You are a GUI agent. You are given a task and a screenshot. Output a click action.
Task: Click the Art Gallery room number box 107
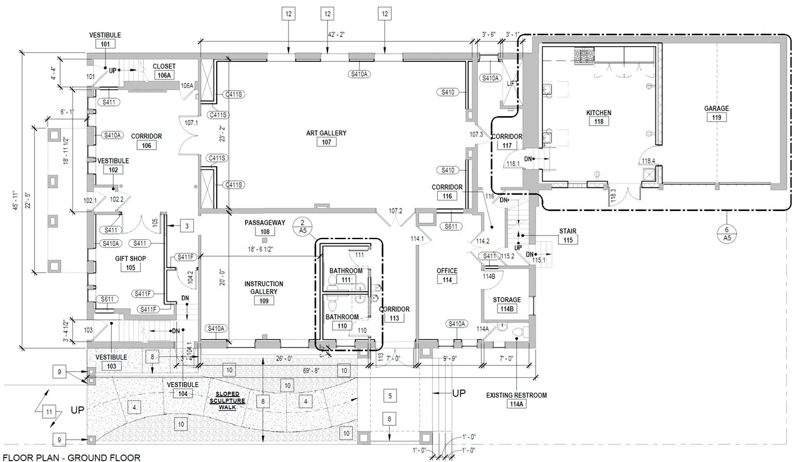pyautogui.click(x=326, y=142)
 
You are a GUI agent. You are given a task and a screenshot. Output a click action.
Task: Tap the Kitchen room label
pyautogui.click(x=599, y=112)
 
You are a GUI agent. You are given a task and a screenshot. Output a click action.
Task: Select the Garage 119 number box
pyautogui.click(x=717, y=117)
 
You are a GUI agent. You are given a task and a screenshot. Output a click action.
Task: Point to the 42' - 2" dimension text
pyautogui.click(x=336, y=34)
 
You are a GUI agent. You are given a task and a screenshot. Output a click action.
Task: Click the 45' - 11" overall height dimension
pyautogui.click(x=15, y=200)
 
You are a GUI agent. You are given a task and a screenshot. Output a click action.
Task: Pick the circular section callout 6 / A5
pyautogui.click(x=727, y=233)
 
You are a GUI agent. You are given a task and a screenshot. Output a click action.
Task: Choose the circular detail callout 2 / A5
pyautogui.click(x=302, y=227)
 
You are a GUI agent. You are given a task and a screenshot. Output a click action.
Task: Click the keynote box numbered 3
pyautogui.click(x=187, y=226)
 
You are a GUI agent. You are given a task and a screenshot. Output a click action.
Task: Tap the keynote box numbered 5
pyautogui.click(x=390, y=396)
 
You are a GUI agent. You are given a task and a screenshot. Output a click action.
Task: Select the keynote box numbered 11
pyautogui.click(x=49, y=412)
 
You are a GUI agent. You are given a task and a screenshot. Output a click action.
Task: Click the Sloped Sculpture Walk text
pyautogui.click(x=227, y=401)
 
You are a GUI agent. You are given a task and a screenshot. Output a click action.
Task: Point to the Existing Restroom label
pyautogui.click(x=516, y=395)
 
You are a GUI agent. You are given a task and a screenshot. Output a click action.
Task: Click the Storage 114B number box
pyautogui.click(x=507, y=308)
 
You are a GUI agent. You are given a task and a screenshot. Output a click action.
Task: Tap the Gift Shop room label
pyautogui.click(x=131, y=258)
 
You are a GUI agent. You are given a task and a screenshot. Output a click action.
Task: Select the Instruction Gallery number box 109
pyautogui.click(x=264, y=301)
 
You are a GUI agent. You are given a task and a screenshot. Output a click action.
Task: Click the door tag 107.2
pyautogui.click(x=395, y=211)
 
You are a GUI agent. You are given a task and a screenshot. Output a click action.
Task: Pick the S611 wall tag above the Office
pyautogui.click(x=451, y=226)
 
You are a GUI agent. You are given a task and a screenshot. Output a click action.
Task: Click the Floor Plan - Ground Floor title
pyautogui.click(x=71, y=458)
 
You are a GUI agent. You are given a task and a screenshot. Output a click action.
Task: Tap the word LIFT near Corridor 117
pyautogui.click(x=512, y=84)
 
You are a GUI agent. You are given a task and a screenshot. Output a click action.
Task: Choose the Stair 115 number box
pyautogui.click(x=568, y=240)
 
